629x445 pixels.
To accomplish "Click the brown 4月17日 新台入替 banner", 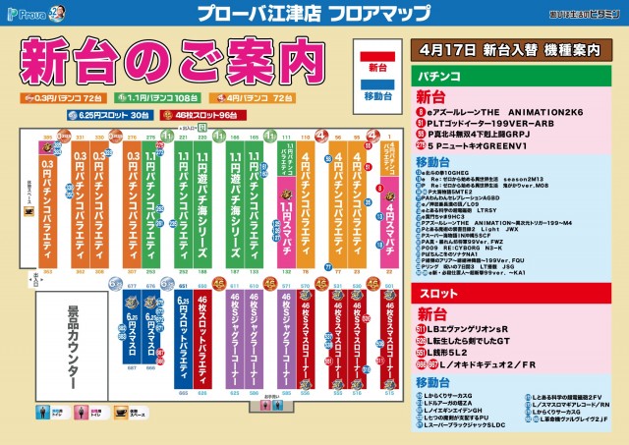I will click(515, 47).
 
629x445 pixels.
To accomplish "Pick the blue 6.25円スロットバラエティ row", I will click(183, 339).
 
